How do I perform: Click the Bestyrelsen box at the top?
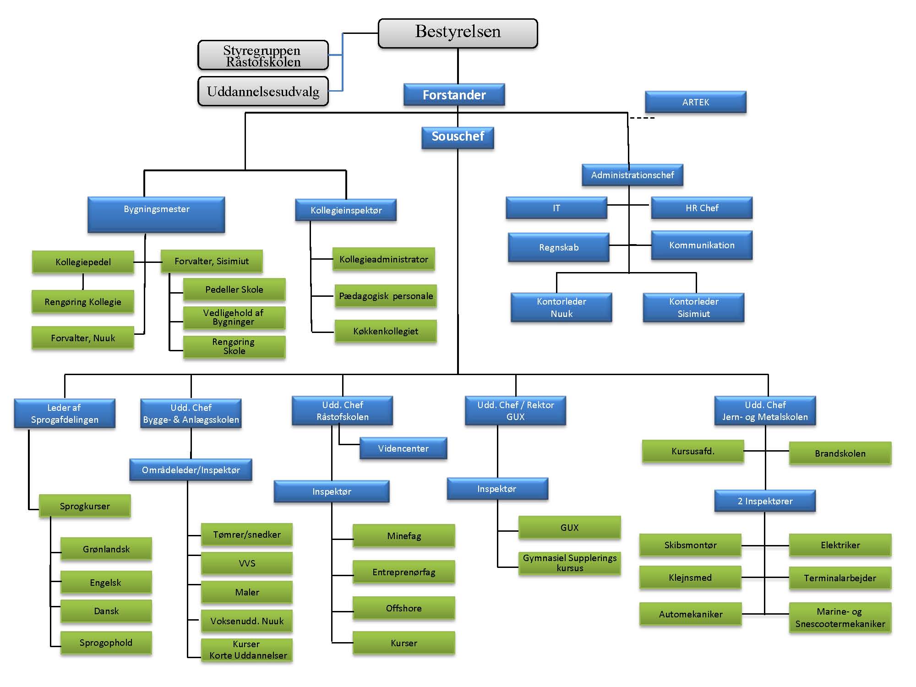tap(458, 33)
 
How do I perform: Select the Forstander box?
tap(454, 95)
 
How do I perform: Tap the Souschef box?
tap(458, 137)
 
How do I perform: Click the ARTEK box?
tap(695, 102)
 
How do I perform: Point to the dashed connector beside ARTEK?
tap(642, 118)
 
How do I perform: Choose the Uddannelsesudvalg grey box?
tap(263, 92)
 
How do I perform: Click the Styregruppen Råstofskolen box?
tap(263, 55)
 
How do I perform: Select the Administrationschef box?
tap(632, 175)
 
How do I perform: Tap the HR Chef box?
tap(702, 208)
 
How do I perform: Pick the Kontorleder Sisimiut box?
tap(693, 307)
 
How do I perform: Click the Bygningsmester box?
tap(156, 214)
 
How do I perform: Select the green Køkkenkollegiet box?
tap(385, 331)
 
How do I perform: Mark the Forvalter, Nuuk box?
tap(83, 338)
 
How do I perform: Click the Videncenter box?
tap(403, 448)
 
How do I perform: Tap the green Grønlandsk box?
tap(106, 549)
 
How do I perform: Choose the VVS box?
tap(246, 563)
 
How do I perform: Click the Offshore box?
tap(403, 608)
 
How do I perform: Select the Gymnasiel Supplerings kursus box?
tap(569, 563)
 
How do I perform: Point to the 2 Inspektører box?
tap(765, 501)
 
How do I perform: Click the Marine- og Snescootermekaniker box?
tap(840, 617)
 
